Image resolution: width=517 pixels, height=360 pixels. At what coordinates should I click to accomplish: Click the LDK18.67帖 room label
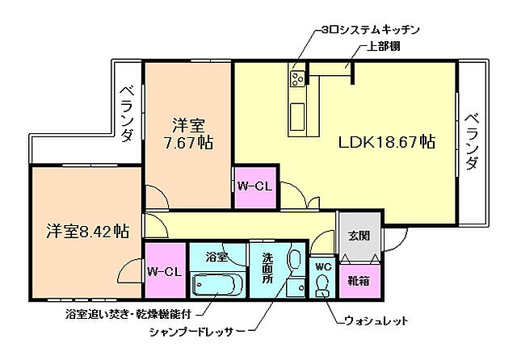(x=387, y=142)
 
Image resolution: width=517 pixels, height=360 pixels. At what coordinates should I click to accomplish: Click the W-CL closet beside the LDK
(x=252, y=186)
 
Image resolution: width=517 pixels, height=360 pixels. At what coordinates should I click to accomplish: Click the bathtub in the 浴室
(x=219, y=284)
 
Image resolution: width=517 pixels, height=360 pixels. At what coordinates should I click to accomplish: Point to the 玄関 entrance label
(x=359, y=236)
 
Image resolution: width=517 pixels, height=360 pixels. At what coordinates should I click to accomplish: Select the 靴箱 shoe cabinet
(x=359, y=282)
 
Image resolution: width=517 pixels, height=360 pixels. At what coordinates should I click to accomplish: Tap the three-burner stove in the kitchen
(x=296, y=78)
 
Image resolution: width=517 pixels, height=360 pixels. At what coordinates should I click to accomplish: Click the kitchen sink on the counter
(x=296, y=112)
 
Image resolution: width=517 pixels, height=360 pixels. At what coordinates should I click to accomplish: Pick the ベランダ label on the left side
(x=127, y=114)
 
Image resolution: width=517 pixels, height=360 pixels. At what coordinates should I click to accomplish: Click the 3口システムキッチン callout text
(x=371, y=30)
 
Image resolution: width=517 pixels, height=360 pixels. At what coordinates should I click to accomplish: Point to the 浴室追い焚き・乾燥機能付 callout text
(x=129, y=312)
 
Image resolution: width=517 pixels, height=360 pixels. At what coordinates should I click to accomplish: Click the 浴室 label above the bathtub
(x=216, y=257)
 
